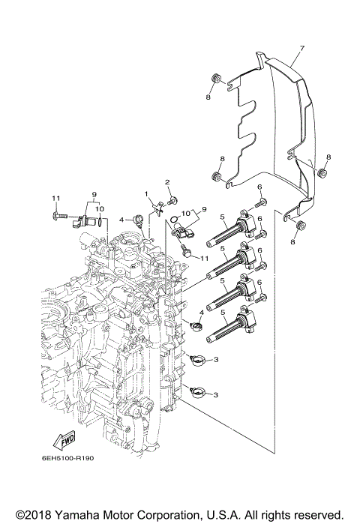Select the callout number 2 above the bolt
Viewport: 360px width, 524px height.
coord(168,182)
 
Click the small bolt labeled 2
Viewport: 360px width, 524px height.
coord(172,200)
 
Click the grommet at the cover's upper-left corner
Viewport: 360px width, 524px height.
coord(215,78)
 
